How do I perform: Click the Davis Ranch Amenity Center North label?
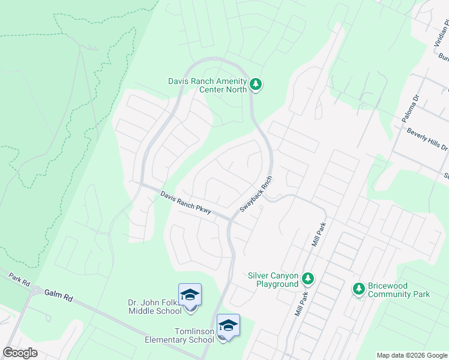(208, 85)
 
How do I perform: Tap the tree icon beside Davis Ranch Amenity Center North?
(256, 84)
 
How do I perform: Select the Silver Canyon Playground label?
(273, 280)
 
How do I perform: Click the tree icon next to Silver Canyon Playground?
(307, 278)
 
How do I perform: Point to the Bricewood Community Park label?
(399, 290)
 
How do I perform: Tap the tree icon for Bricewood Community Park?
(359, 289)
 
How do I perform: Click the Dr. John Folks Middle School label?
(155, 307)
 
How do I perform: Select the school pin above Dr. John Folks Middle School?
(190, 295)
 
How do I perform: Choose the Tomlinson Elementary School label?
(178, 335)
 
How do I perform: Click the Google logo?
(20, 353)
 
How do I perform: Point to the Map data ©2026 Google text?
(412, 355)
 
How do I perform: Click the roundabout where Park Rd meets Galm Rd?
(38, 290)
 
